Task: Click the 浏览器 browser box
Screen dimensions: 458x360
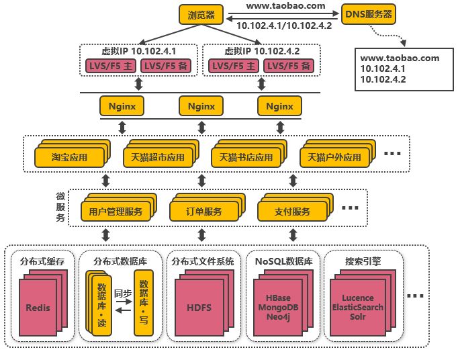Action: [201, 15]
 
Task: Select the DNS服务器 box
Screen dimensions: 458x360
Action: [368, 14]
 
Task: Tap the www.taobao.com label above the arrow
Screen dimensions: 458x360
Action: [285, 6]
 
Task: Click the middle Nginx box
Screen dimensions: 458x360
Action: [201, 106]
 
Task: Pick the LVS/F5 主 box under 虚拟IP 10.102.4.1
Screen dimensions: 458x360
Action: [111, 66]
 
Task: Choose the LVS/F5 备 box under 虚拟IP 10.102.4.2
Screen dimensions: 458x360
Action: [289, 66]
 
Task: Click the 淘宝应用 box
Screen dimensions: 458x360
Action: [70, 157]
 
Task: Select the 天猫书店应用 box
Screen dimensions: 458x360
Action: [246, 157]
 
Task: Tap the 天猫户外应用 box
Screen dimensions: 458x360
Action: [334, 157]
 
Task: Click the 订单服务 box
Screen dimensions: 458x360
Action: [204, 212]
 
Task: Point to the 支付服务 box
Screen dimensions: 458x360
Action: [292, 212]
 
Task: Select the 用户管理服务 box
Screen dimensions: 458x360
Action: [116, 212]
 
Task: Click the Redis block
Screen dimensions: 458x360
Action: [38, 308]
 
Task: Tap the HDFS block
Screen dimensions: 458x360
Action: [199, 308]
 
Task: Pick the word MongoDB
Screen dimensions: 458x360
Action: [279, 308]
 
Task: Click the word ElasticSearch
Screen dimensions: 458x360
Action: [358, 308]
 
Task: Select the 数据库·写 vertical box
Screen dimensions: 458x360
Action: [144, 303]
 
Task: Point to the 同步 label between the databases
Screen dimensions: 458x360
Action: [123, 293]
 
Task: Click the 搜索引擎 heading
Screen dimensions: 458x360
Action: [363, 261]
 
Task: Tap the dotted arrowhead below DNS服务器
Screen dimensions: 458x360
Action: [404, 43]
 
